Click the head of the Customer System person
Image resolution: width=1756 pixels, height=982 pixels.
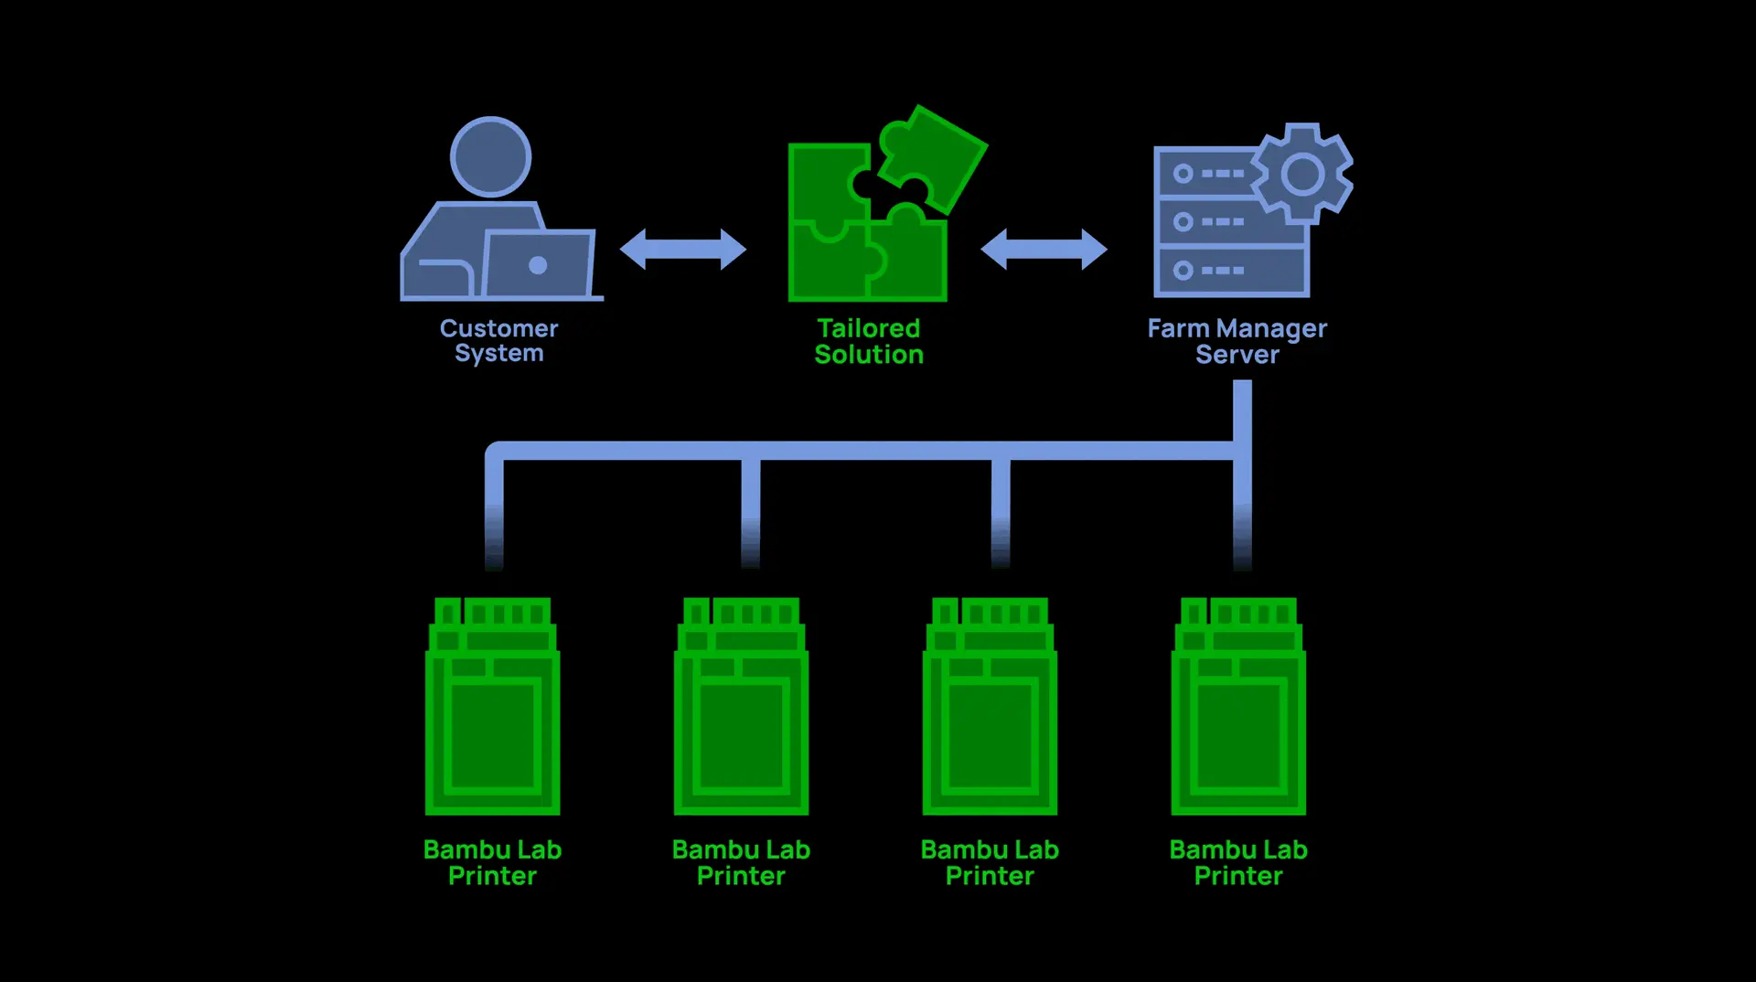coord(491,156)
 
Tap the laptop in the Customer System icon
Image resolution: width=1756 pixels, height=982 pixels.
coord(539,264)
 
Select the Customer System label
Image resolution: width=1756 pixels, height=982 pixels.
coord(498,340)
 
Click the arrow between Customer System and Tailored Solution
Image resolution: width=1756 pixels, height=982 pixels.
coord(683,249)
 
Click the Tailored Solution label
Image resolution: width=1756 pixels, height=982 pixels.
coord(869,341)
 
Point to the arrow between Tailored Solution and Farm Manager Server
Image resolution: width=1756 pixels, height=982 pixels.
coord(1044,249)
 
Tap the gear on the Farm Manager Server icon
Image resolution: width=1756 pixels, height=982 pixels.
coord(1302,174)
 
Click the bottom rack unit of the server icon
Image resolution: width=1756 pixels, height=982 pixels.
coord(1231,271)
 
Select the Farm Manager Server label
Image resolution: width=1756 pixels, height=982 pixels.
coord(1237,341)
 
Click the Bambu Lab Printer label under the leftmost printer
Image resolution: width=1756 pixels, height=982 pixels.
coord(493,862)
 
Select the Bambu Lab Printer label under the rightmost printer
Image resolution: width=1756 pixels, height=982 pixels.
coord(1239,862)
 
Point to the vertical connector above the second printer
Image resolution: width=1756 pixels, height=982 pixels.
coord(751,507)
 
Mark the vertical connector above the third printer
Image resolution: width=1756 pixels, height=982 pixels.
coord(1001,507)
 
